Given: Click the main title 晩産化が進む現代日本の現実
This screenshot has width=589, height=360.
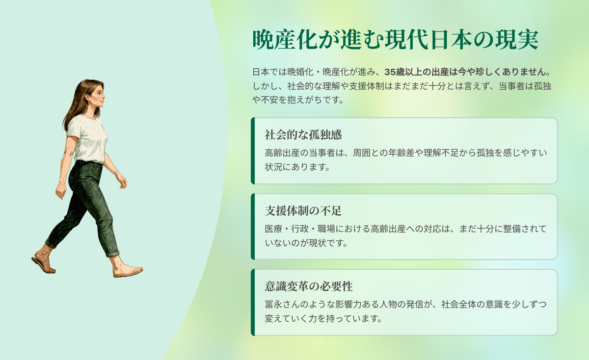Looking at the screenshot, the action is coord(396,40).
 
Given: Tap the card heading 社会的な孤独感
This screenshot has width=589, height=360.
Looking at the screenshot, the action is coord(303,135).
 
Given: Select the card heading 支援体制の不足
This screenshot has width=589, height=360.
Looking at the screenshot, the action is coord(303,211).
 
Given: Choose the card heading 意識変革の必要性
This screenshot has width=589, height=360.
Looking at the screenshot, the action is coord(309,286).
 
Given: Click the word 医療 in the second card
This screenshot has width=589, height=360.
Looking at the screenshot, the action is coord(273,229).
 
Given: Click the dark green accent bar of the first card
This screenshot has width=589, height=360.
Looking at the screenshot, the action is coord(253,151).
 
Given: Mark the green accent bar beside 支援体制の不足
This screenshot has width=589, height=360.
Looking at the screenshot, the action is coord(253,227).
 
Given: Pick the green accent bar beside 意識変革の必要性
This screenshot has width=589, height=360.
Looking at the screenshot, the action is coord(253,302).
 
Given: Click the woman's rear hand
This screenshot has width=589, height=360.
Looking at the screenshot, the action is coord(60,191).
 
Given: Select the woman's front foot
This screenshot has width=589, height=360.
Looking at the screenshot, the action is coord(128,269).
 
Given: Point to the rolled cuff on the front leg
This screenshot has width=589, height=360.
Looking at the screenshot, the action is coord(112,254).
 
